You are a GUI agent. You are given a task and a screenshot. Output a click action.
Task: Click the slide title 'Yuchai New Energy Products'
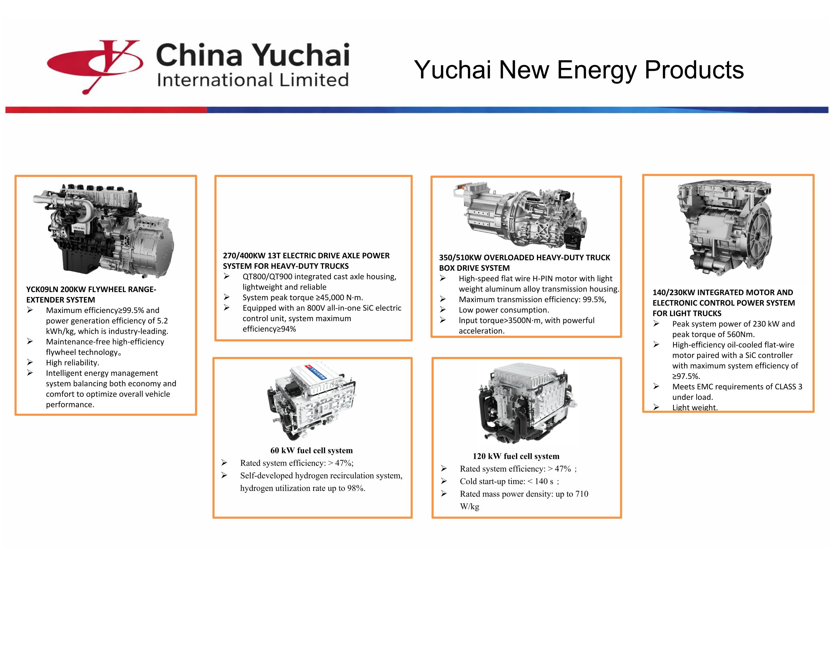pyautogui.click(x=579, y=70)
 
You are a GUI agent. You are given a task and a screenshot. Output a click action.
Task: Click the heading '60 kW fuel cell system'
pyautogui.click(x=311, y=451)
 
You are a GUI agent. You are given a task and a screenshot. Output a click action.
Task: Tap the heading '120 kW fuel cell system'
pyautogui.click(x=516, y=456)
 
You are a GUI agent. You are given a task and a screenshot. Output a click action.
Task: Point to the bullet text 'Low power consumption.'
pyautogui.click(x=504, y=310)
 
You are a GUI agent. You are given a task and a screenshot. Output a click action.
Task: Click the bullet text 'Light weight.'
pyautogui.click(x=695, y=407)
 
